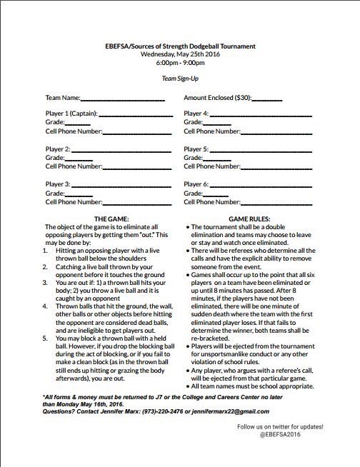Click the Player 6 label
coord(196,184)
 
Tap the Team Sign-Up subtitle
coord(180,81)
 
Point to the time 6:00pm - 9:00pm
coord(180,63)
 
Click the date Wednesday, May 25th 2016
coord(180,54)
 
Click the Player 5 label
coord(196,149)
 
